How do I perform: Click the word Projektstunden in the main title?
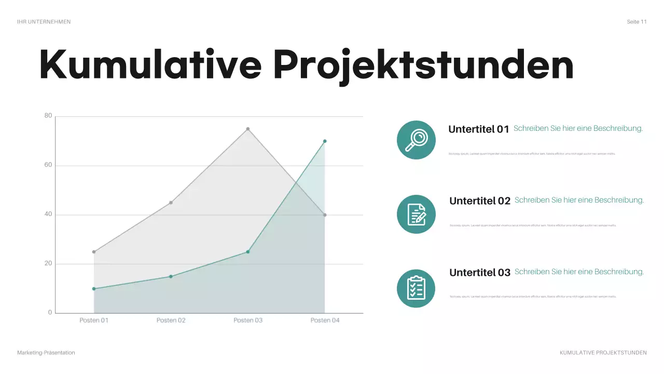(x=423, y=65)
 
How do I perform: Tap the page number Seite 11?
(x=637, y=22)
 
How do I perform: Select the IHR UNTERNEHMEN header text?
(x=44, y=22)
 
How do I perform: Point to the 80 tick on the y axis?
(x=48, y=116)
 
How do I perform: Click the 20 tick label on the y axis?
(x=48, y=264)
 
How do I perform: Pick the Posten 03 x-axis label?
(x=248, y=320)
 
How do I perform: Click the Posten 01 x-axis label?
(x=94, y=320)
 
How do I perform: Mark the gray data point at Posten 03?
(x=248, y=129)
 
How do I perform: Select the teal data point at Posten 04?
(x=325, y=141)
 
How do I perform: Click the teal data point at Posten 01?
(x=94, y=289)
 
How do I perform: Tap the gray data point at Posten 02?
(x=171, y=203)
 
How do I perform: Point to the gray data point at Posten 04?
(x=325, y=215)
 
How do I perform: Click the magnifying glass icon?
(x=416, y=140)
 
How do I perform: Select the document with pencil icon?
(x=416, y=214)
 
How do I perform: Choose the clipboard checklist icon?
(x=416, y=288)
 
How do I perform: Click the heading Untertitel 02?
(x=480, y=201)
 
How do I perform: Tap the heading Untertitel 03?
(x=480, y=273)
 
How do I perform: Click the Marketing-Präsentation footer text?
(x=46, y=353)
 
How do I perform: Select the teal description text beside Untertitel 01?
(x=578, y=128)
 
